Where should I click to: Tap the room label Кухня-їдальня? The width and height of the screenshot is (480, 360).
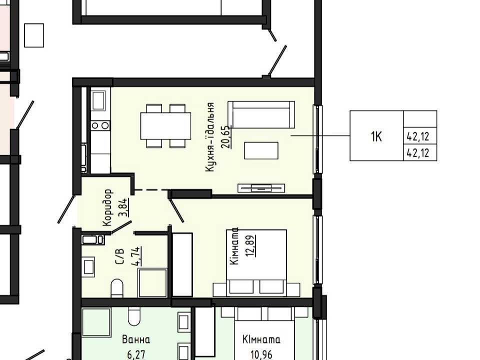(209, 137)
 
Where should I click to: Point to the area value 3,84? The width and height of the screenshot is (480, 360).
(124, 207)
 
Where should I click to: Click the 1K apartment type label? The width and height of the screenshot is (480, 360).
(376, 136)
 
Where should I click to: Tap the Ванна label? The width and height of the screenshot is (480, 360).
(136, 340)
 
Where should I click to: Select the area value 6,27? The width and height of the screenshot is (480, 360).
(136, 354)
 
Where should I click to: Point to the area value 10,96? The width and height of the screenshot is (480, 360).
(261, 354)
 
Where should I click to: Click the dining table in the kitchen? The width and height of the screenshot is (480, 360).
(165, 126)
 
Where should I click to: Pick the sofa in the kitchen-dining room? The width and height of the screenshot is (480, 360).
(261, 114)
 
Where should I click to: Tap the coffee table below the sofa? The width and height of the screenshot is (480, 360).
(261, 150)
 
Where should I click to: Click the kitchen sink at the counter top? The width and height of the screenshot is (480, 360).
(98, 100)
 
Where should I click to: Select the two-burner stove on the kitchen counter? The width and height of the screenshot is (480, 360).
(100, 125)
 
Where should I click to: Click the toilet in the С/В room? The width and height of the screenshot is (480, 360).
(116, 288)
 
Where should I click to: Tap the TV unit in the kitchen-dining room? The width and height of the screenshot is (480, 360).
(261, 188)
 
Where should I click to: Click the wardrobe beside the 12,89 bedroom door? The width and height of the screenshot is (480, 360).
(182, 265)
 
